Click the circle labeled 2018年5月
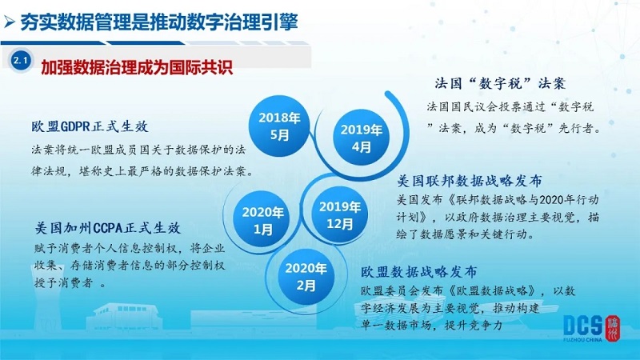(x=279, y=126)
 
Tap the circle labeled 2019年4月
(x=362, y=138)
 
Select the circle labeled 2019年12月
(x=339, y=214)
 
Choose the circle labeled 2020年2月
(x=306, y=276)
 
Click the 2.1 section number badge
(x=21, y=61)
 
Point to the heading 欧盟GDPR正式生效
(x=90, y=126)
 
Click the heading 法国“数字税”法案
(x=500, y=83)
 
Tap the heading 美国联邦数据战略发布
(x=470, y=181)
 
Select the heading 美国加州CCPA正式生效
(x=107, y=227)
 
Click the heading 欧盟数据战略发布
(x=418, y=271)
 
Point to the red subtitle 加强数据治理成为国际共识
(x=137, y=67)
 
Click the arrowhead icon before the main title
(x=9, y=22)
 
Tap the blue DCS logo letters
(x=582, y=326)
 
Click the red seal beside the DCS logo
(x=612, y=328)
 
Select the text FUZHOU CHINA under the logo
(x=582, y=339)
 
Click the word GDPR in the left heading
(x=75, y=126)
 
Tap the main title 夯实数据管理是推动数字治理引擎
(x=159, y=22)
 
